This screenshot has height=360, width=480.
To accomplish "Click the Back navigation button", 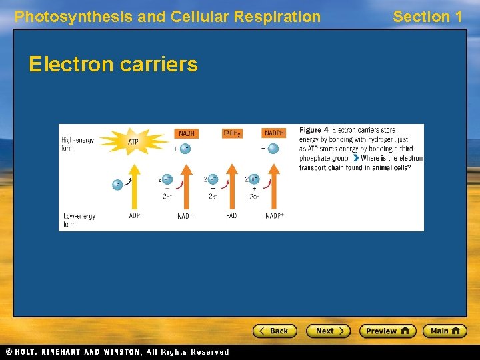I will coord(274,331).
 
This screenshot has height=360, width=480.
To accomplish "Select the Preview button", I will coord(387,331).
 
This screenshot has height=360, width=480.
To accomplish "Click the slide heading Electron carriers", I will coord(113,65).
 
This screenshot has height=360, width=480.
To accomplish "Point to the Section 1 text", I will coord(427,17).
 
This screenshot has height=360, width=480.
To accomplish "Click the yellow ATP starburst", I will coord(134,141).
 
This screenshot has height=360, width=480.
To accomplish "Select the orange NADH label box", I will coord(186,133).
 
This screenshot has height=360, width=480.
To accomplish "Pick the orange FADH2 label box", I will coord(232,133).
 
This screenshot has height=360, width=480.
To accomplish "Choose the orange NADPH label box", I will coord(273,133).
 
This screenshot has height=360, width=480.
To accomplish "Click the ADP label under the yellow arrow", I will coord(134,216).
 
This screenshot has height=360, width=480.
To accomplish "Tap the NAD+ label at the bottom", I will coord(185,216).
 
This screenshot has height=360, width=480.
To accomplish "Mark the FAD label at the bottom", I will coord(231,216).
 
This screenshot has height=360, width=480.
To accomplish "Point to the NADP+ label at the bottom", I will coord(275,216).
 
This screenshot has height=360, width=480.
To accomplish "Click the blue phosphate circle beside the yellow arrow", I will coord(117,185).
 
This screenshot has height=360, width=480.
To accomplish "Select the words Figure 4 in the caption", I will coord(313,130).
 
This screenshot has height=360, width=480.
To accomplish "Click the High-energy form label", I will coord(77,144).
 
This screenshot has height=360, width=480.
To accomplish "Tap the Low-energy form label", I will coord(78,220).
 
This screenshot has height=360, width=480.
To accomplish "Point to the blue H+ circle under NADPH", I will coord(273,149).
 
